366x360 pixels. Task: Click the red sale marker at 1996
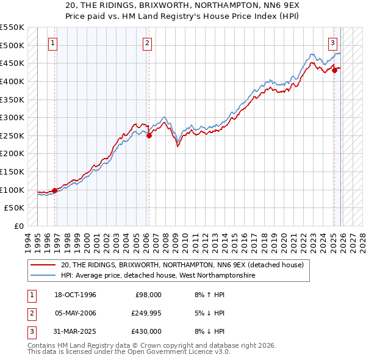click(x=55, y=190)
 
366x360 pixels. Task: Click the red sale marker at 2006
click(x=149, y=135)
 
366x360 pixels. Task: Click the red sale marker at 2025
click(x=334, y=70)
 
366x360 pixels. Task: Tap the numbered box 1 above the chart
click(x=54, y=43)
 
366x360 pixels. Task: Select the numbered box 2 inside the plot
click(x=148, y=43)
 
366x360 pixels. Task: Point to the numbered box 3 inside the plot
click(x=332, y=43)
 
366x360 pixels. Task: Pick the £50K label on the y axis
click(x=15, y=208)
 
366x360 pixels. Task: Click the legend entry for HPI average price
click(x=158, y=276)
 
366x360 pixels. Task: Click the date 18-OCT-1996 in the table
click(x=76, y=295)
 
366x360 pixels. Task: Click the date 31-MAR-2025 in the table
click(x=76, y=331)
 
